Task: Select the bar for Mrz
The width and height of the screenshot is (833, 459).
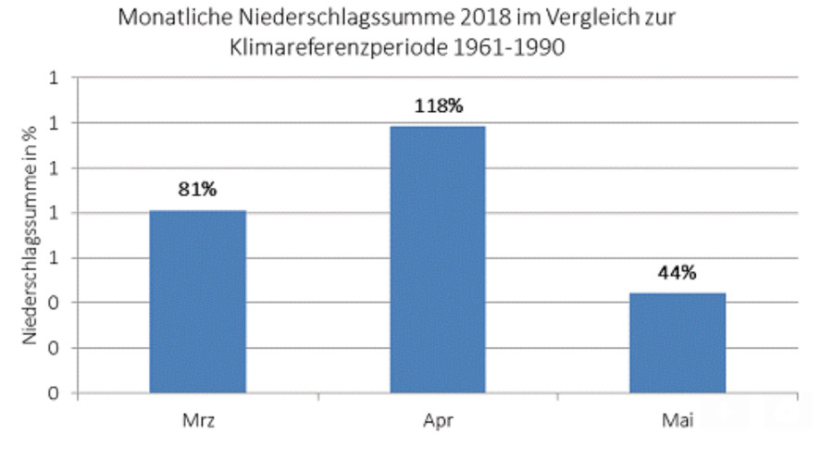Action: point(197,302)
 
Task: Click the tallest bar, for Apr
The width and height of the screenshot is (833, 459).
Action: point(438,259)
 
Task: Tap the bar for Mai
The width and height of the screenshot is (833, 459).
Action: point(678,342)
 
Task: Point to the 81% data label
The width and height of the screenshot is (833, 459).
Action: point(197,190)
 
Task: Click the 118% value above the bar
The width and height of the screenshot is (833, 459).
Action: point(438,105)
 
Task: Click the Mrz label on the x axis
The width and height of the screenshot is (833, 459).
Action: point(197,421)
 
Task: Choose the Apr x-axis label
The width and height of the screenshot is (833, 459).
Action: point(438,421)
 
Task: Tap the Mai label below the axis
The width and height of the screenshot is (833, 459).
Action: point(678,421)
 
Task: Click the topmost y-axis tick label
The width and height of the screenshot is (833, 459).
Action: point(55,78)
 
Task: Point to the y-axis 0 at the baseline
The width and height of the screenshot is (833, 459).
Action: point(55,393)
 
